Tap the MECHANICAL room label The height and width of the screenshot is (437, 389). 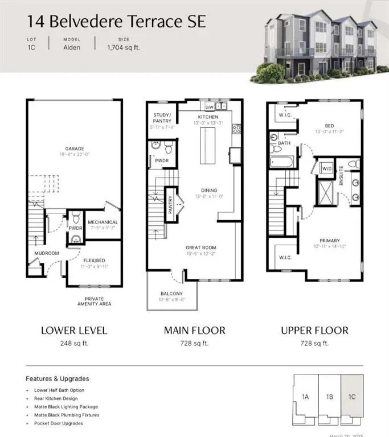(103, 222)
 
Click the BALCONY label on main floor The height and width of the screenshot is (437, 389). (171, 293)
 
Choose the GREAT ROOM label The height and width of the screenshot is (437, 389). (200, 248)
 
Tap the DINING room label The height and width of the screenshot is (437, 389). (206, 191)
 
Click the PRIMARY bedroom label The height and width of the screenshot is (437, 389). (330, 240)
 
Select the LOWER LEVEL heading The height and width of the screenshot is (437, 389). (74, 331)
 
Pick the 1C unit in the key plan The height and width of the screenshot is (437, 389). (352, 397)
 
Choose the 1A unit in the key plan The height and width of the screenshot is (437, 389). (305, 397)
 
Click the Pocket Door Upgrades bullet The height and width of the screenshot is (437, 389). (58, 423)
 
